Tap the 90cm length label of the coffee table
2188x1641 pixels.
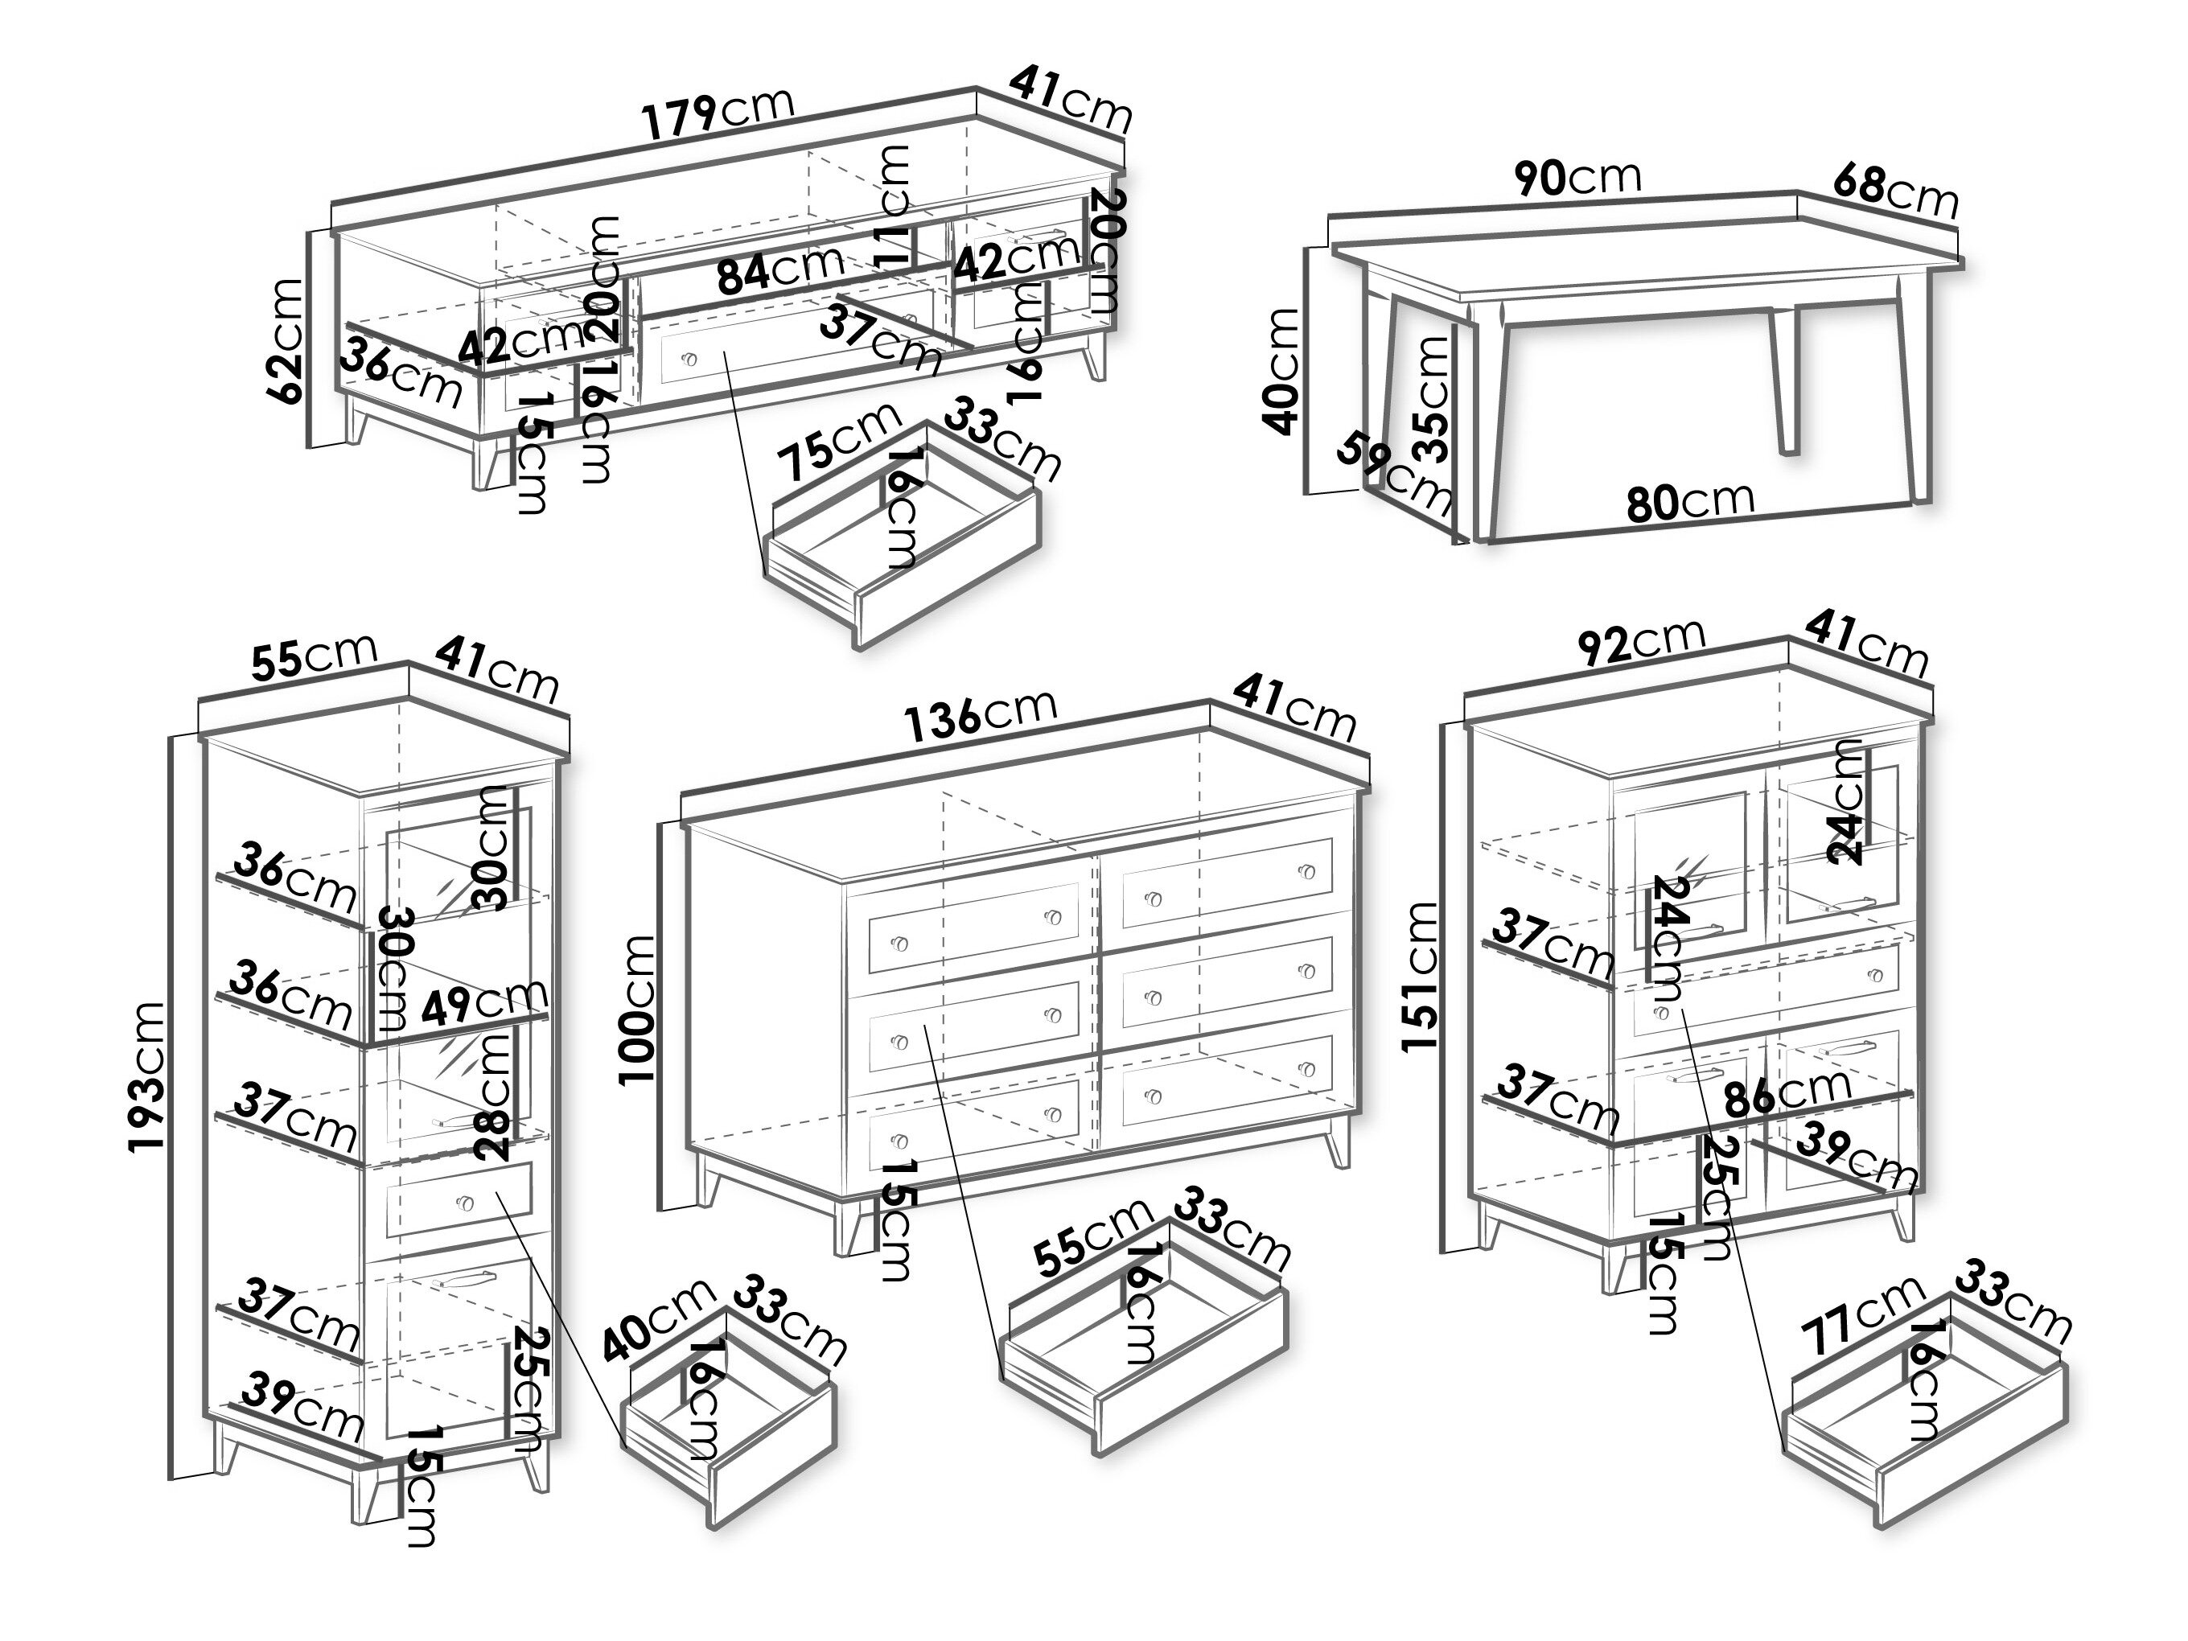(1577, 178)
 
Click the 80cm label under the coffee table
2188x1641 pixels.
(1689, 500)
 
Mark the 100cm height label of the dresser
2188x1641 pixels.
(637, 1010)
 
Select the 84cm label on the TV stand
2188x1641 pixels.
(780, 269)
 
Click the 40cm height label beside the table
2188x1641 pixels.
(1283, 371)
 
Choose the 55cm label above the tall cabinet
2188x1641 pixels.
(314, 656)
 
